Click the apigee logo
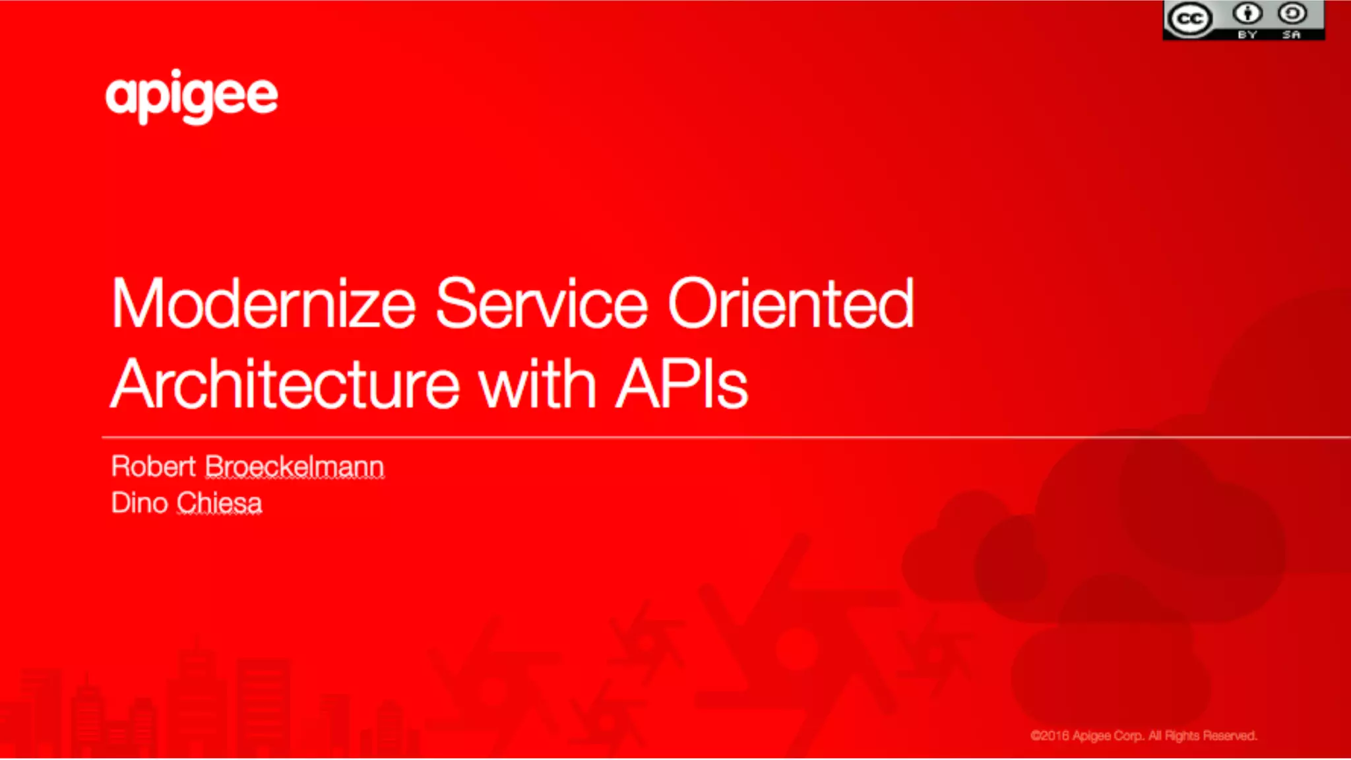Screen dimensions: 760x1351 pos(191,96)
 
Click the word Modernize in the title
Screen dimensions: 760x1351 pos(263,304)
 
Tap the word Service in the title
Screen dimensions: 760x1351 pos(542,304)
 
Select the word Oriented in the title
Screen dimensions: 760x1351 pos(791,304)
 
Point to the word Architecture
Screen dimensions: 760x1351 pos(284,385)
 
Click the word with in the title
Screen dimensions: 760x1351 pos(538,385)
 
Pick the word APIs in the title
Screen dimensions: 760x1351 pos(681,385)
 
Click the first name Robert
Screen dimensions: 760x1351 pos(153,466)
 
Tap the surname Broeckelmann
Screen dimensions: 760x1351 pos(294,466)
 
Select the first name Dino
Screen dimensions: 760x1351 pos(139,503)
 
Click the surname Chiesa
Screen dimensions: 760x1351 pos(219,503)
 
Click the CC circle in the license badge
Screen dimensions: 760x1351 pos(1189,19)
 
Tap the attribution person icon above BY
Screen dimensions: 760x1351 pos(1247,13)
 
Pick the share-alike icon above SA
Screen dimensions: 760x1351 pos(1292,13)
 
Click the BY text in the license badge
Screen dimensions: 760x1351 pos(1247,34)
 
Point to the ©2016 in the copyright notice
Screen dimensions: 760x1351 pos(1050,736)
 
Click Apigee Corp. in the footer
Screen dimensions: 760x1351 pos(1108,736)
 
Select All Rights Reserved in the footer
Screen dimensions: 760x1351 pos(1203,736)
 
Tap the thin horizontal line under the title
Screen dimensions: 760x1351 pos(660,437)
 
